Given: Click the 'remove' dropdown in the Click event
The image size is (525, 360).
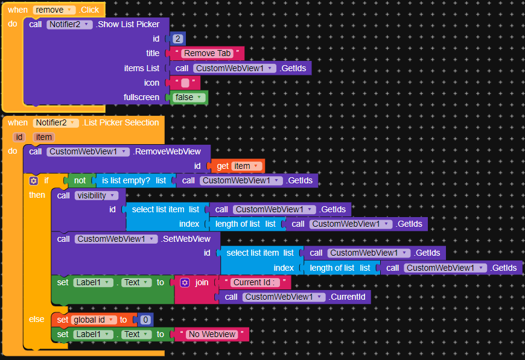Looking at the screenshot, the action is [54, 10].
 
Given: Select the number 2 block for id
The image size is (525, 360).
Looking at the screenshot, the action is [178, 39].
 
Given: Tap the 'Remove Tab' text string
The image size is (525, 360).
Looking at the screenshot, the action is [207, 53].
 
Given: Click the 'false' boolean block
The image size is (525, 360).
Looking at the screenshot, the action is [188, 97].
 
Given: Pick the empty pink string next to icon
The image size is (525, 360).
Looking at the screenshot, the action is [185, 83].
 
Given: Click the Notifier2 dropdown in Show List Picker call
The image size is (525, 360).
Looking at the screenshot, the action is [69, 25].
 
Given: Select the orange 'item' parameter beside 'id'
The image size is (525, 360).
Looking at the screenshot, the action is [43, 137].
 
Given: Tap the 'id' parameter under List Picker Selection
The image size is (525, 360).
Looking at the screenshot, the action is [19, 137].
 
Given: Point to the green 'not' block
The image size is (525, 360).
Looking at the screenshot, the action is [80, 181].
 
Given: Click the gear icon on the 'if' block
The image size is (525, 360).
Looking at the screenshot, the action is [33, 181].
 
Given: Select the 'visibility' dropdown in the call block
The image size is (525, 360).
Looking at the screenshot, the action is [96, 195].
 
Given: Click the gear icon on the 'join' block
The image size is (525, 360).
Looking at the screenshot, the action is [185, 282].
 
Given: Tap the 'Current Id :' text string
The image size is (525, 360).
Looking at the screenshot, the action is [254, 282].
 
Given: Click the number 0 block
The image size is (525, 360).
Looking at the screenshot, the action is [145, 320].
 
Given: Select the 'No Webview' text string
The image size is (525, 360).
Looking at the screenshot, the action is [212, 334].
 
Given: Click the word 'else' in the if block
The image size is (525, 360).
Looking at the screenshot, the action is [36, 319].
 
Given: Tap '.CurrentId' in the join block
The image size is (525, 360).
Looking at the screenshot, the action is [347, 297].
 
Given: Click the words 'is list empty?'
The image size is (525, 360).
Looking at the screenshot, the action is [126, 181].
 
